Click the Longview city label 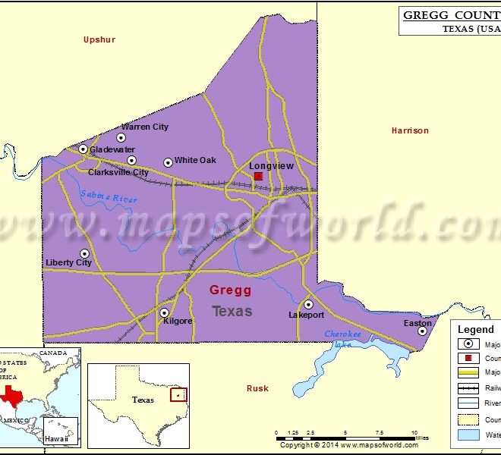click(x=267, y=165)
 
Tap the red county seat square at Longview click(x=258, y=176)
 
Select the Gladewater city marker click(x=83, y=149)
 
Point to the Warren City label click(x=145, y=127)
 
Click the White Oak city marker click(x=168, y=162)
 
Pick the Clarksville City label click(x=118, y=172)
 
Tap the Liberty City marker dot click(x=84, y=253)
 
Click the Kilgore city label click(x=178, y=321)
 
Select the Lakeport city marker click(x=308, y=304)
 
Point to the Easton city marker click(x=422, y=331)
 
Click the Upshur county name click(x=99, y=39)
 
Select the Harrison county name click(x=410, y=130)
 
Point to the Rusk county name click(x=257, y=388)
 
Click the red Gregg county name click(x=230, y=290)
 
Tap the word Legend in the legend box click(x=475, y=329)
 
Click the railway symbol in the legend click(x=468, y=388)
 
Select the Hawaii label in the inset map click(x=55, y=438)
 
